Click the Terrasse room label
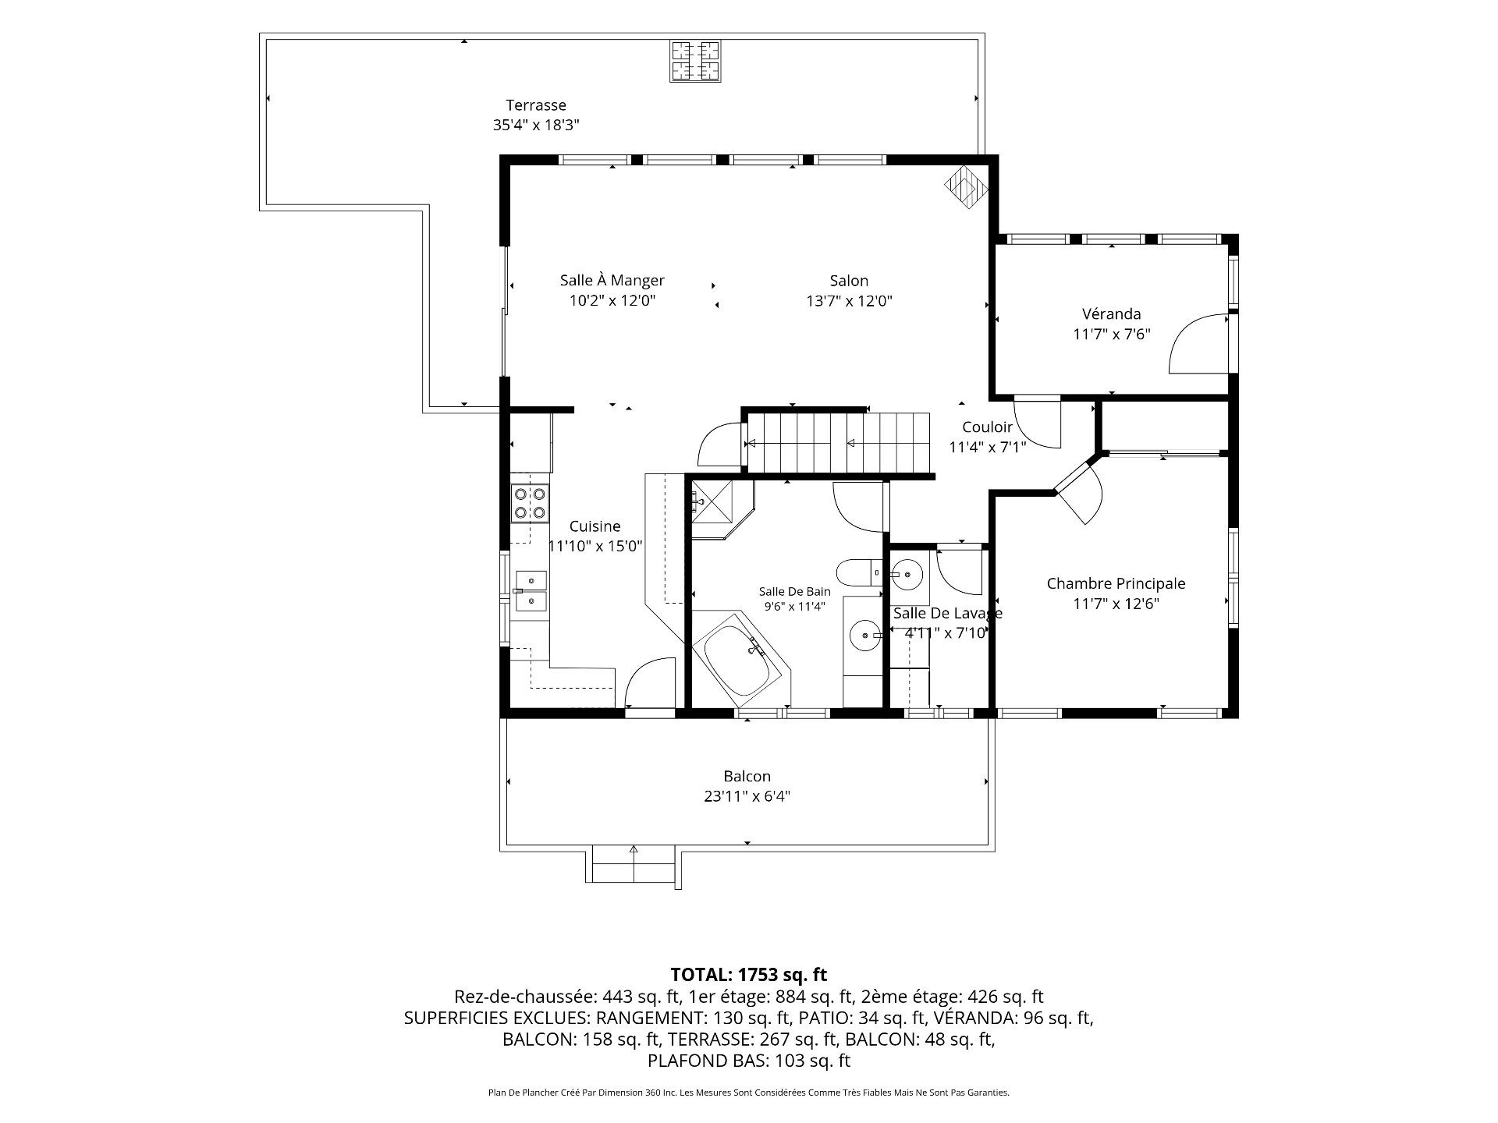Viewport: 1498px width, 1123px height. tap(536, 105)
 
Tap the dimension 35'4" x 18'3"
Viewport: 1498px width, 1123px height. tap(536, 125)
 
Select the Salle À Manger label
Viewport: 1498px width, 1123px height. tap(612, 280)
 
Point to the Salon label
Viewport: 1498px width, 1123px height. tap(849, 281)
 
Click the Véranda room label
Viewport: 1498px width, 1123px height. tap(1112, 314)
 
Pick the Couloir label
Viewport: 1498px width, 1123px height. tap(987, 427)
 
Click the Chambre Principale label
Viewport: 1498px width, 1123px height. tap(1116, 583)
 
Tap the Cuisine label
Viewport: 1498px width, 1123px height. tap(595, 526)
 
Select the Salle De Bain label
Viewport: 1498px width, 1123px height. tap(794, 591)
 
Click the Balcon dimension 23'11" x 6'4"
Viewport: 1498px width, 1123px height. tap(747, 796)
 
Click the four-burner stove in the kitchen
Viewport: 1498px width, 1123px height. tap(530, 503)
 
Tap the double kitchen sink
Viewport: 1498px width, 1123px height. tap(531, 590)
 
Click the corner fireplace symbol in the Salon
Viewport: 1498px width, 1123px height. tap(966, 186)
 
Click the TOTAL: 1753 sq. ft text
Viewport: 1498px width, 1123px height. tap(749, 974)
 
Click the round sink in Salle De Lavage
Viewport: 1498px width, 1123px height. tap(907, 575)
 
